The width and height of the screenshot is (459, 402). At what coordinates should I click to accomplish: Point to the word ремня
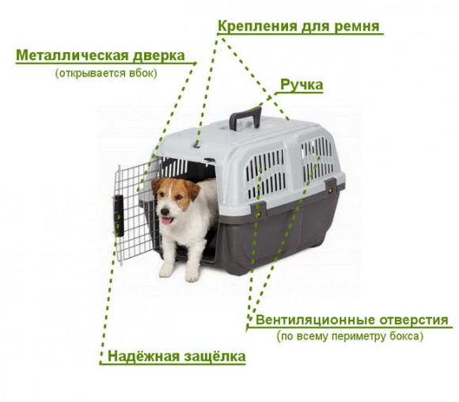point(358,26)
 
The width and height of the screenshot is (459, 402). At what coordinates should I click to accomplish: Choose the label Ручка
point(302,85)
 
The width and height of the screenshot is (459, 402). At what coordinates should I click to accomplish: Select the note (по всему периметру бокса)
point(349,336)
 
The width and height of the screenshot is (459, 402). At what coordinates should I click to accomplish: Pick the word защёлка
point(214,356)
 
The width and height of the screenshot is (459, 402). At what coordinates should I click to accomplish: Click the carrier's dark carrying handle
point(245,116)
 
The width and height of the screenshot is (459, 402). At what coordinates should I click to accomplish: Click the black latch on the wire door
point(119,212)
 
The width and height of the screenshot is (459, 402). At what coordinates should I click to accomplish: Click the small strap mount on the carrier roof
point(196,145)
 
